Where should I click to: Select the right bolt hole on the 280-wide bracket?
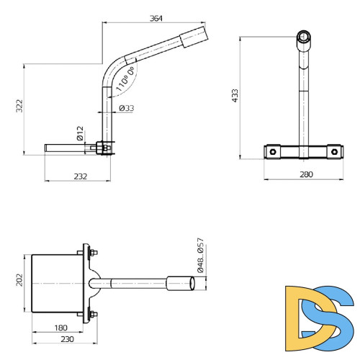(x=333, y=151)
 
